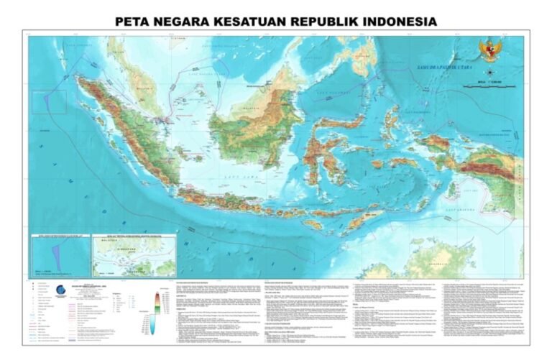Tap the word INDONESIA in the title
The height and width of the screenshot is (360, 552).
click(x=392, y=22)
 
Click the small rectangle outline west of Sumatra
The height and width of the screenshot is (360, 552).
click(x=49, y=101)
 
